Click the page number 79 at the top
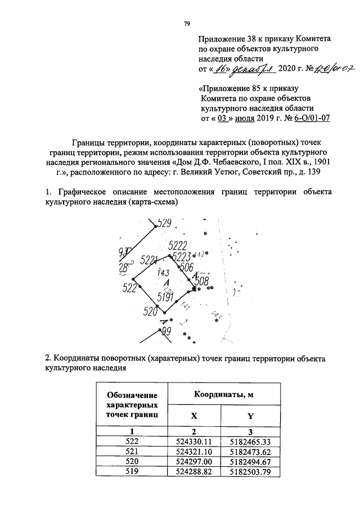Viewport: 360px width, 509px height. [187, 24]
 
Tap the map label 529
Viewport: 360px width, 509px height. [164, 223]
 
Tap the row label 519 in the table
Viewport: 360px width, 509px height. [133, 472]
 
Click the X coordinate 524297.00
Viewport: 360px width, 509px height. [193, 461]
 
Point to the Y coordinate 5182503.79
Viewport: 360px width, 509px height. [250, 472]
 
